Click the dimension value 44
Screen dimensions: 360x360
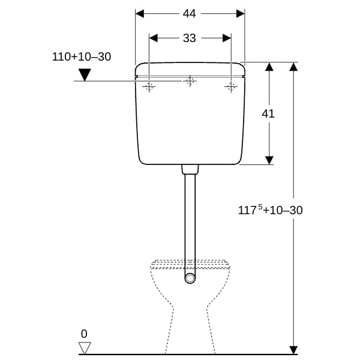click(190, 14)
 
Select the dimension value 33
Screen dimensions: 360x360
click(190, 38)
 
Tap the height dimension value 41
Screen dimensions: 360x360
click(268, 113)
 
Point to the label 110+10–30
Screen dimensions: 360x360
click(82, 57)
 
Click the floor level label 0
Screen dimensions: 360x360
click(84, 334)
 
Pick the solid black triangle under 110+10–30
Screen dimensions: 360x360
click(85, 74)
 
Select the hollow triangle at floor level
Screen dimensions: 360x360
click(85, 348)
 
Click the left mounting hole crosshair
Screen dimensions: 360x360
click(149, 87)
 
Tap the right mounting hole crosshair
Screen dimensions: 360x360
click(231, 87)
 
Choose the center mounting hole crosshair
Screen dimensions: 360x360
click(190, 81)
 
